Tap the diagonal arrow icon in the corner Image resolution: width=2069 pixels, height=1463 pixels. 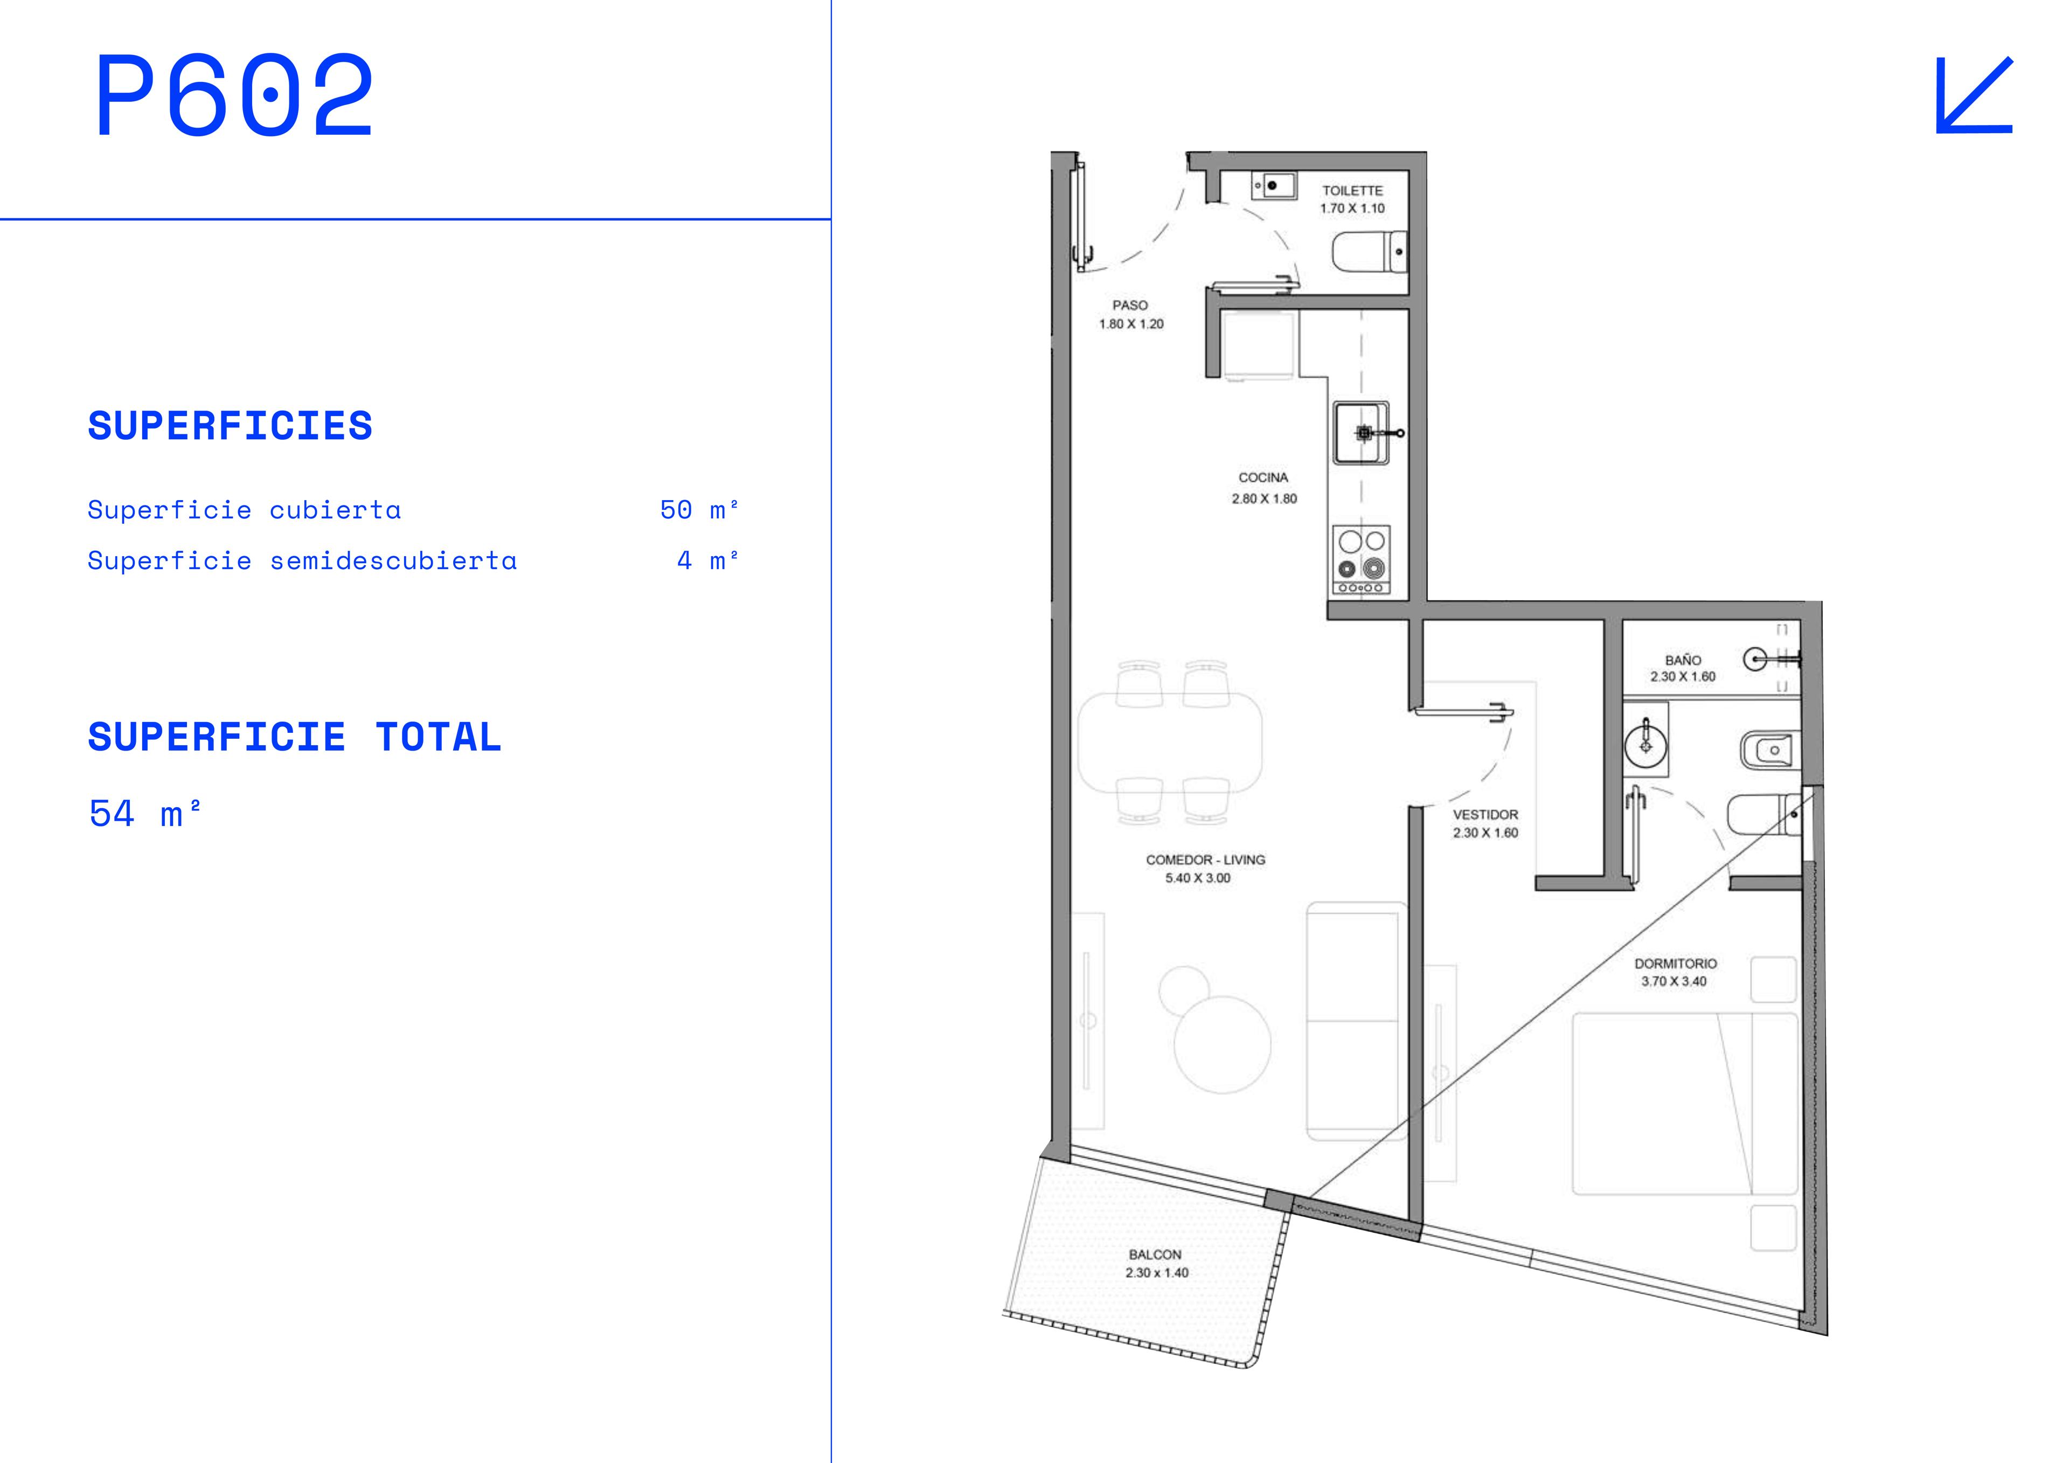click(x=1974, y=95)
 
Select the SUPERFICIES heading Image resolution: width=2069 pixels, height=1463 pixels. click(x=230, y=426)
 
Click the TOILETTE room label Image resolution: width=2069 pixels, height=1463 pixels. click(x=1352, y=190)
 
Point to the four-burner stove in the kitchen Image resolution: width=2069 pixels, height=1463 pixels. click(x=1362, y=560)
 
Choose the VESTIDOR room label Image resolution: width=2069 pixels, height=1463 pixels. click(x=1485, y=815)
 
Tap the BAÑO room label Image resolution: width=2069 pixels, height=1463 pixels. click(x=1683, y=660)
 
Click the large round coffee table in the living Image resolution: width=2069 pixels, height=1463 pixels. click(x=1223, y=1045)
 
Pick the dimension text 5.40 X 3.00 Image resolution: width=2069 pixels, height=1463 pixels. click(x=1198, y=878)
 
